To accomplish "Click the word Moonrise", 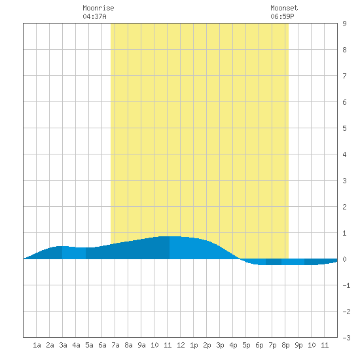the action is pos(98,8).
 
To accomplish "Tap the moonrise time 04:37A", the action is pos(94,16).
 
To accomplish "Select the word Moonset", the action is pos(284,8).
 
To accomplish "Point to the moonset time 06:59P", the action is pos(282,16).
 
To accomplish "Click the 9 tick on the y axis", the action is pos(344,24).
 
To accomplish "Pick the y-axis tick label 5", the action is pos(344,128).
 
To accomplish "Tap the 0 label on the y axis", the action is pos(344,259).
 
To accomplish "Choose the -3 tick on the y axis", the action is pos(346,338).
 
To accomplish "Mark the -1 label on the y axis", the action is pos(346,285).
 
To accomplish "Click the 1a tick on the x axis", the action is pos(37,345).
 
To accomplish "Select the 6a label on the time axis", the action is pos(102,345).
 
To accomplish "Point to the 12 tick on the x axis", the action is pos(181,345).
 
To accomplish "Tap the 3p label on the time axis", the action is pos(220,345).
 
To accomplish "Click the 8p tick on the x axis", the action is pos(285,345).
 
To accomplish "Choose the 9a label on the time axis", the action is pos(141,345).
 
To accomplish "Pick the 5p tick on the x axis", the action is pos(246,345).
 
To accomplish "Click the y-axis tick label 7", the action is pos(344,76).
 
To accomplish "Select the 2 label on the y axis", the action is pos(344,207).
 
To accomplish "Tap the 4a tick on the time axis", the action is pos(76,345).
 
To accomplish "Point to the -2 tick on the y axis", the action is pos(346,312).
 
